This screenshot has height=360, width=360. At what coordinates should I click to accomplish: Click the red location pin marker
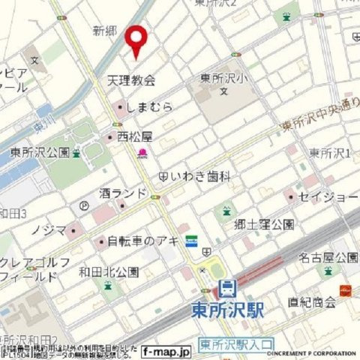[x=136, y=40]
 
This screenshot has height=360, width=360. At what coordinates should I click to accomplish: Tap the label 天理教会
[x=131, y=80]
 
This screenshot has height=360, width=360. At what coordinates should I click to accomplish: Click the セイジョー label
[x=325, y=196]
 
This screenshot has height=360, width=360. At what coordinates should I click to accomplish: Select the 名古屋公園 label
[x=325, y=257]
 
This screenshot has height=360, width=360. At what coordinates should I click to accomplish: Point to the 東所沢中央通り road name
[x=315, y=118]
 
